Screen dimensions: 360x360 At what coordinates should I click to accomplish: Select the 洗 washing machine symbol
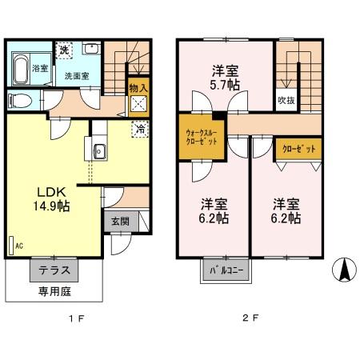coord(65,50)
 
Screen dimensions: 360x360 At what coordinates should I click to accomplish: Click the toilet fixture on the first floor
coord(21,102)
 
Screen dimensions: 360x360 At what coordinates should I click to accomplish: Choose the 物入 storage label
coord(138,86)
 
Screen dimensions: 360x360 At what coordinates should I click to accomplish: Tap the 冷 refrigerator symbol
coord(138,126)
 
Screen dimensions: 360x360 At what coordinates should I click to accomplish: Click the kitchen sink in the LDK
coord(99,150)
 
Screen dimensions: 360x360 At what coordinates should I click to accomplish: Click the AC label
coord(18,246)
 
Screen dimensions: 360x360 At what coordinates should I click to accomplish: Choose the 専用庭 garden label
coord(53,292)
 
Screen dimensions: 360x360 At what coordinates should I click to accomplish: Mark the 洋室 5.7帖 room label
coord(225,75)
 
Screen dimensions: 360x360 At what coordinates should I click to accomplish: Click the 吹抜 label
coord(286,100)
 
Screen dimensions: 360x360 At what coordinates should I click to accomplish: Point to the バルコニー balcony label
coord(225,269)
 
